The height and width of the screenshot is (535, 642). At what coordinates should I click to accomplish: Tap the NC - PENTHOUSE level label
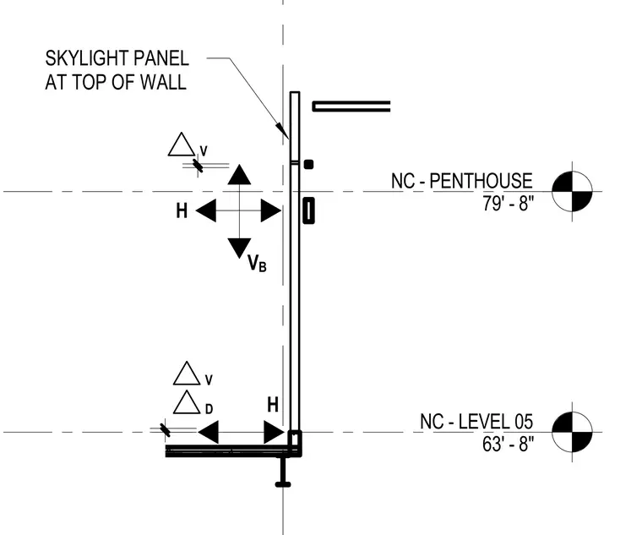click(x=462, y=181)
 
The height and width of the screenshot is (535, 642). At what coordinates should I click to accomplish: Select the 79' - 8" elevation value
click(x=509, y=203)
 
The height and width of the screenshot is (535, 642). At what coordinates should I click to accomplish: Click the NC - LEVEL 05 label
click(x=476, y=422)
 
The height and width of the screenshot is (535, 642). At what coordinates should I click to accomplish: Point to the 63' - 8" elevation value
click(x=509, y=444)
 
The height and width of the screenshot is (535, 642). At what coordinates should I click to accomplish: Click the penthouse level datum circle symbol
click(x=572, y=191)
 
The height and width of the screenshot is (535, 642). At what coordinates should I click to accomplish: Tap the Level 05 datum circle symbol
click(x=572, y=432)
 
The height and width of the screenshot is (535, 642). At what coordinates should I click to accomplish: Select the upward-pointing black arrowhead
click(x=239, y=175)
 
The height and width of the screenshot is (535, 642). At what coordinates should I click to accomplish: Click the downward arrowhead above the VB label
click(x=239, y=248)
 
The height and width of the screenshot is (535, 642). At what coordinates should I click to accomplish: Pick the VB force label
click(x=257, y=263)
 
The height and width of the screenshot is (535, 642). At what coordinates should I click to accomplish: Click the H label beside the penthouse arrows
click(x=182, y=211)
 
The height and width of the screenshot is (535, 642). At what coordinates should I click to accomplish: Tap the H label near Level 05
click(x=273, y=405)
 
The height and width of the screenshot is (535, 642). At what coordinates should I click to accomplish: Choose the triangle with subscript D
click(x=187, y=402)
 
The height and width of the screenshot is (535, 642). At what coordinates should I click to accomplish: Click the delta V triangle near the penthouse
click(x=182, y=145)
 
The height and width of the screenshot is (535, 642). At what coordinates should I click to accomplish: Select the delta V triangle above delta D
click(x=187, y=374)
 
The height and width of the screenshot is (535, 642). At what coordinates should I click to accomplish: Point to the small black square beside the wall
click(x=308, y=164)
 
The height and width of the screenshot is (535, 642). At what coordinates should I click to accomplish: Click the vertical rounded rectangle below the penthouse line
click(x=308, y=210)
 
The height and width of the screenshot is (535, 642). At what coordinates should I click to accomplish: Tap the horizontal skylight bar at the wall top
click(x=351, y=106)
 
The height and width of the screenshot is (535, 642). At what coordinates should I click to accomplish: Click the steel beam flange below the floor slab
click(x=283, y=484)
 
